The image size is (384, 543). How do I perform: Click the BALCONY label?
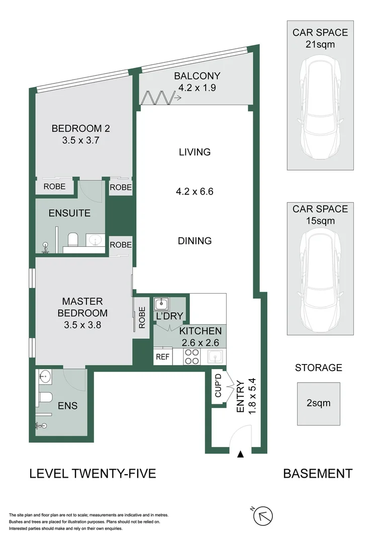click(197, 76)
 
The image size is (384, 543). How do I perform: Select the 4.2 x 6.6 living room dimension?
click(195, 191)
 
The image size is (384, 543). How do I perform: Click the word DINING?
click(195, 241)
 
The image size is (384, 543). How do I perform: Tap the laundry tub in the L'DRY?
click(161, 304)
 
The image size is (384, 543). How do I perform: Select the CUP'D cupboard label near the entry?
click(218, 386)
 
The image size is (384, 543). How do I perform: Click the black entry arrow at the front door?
click(240, 455)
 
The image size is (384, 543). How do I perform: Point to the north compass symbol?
click(263, 516)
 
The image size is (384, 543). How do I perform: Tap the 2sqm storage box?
click(318, 403)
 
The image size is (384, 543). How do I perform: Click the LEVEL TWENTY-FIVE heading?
click(93, 474)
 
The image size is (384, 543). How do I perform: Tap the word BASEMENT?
click(318, 474)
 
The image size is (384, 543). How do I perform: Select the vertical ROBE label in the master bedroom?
click(142, 318)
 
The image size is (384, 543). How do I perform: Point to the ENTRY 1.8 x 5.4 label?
click(244, 397)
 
